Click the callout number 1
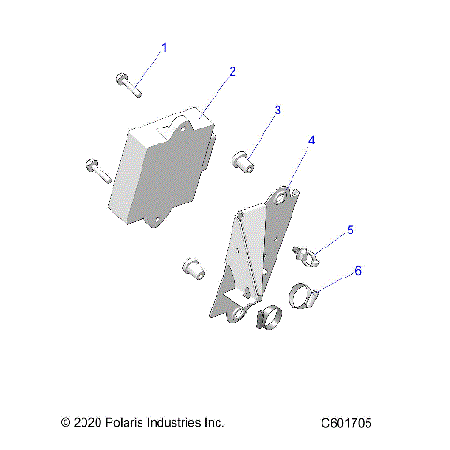(165, 47)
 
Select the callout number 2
(232, 71)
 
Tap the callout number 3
(277, 111)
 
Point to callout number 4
(312, 140)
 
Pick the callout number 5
(351, 229)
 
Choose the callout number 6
(357, 271)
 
